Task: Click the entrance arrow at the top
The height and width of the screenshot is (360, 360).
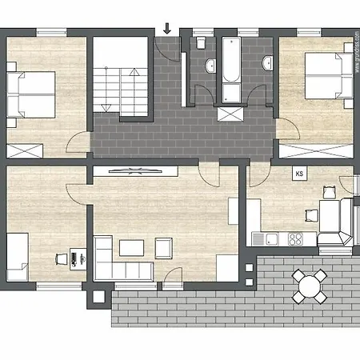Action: tap(167, 29)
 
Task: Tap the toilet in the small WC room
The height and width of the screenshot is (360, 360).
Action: tap(202, 40)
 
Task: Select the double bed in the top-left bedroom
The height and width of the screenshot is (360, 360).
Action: tap(31, 94)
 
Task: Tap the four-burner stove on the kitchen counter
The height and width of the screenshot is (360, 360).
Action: tap(295, 238)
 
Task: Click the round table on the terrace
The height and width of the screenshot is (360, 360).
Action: tap(310, 284)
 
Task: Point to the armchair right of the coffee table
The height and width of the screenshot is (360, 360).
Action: tap(163, 247)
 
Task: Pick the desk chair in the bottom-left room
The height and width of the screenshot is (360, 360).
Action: tap(61, 258)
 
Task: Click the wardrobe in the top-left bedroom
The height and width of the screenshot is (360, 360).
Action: tap(23, 149)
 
